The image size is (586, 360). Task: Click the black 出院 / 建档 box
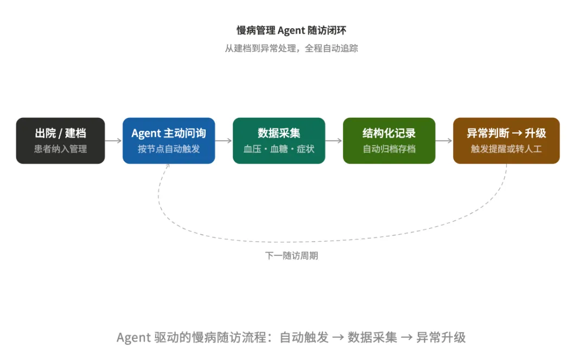coord(60,141)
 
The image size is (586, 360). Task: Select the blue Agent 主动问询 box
coord(169,141)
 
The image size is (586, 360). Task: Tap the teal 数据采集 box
coord(279,141)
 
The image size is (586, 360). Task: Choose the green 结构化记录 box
coord(389,141)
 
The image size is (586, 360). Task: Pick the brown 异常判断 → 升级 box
coord(506,141)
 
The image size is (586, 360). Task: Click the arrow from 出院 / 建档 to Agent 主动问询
coord(113,141)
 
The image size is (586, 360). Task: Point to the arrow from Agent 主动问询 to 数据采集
coord(224,141)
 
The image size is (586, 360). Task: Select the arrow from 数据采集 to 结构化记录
coord(334,141)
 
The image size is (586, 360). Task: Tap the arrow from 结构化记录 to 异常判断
coord(444,141)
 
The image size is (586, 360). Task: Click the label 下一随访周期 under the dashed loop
coord(291,256)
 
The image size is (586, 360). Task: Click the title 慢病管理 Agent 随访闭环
coord(291,30)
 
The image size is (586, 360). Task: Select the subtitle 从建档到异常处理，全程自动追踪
coord(291,48)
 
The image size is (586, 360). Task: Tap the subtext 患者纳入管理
coord(60,149)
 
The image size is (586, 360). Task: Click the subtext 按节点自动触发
coord(169,149)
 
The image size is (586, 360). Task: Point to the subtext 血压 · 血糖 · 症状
coord(279,149)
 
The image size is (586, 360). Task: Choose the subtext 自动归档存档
coord(389,149)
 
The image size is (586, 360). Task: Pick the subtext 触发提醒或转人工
coord(506,149)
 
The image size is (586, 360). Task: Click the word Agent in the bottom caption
coord(133,337)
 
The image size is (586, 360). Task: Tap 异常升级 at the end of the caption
coord(441,337)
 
